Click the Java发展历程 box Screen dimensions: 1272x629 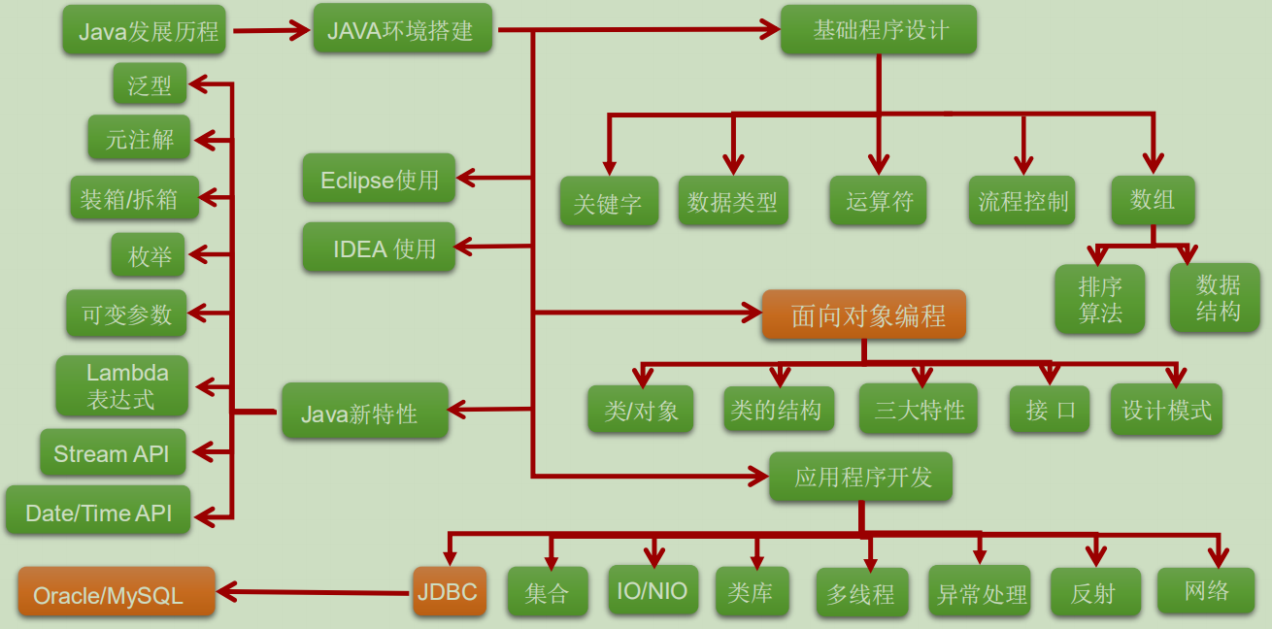pyautogui.click(x=145, y=30)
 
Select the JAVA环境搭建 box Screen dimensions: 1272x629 pyautogui.click(x=403, y=28)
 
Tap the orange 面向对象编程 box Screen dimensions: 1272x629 pyautogui.click(x=864, y=314)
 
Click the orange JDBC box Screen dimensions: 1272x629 pyautogui.click(x=450, y=591)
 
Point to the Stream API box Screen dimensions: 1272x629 pyautogui.click(x=113, y=452)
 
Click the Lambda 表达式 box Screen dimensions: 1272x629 pyautogui.click(x=122, y=386)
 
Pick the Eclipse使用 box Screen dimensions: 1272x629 pyautogui.click(x=379, y=179)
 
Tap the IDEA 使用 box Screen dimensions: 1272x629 pyautogui.click(x=379, y=247)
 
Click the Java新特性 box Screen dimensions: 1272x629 pyautogui.click(x=365, y=411)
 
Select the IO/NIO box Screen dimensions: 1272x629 pyautogui.click(x=653, y=590)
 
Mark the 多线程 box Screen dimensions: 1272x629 pyautogui.click(x=862, y=592)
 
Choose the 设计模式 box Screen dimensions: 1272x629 pyautogui.click(x=1166, y=410)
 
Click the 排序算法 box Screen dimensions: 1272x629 pyautogui.click(x=1100, y=299)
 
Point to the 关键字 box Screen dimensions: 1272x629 pyautogui.click(x=610, y=202)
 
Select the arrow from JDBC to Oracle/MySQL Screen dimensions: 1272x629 pyautogui.click(x=314, y=592)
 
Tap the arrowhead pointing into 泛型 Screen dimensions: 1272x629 pyautogui.click(x=198, y=84)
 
